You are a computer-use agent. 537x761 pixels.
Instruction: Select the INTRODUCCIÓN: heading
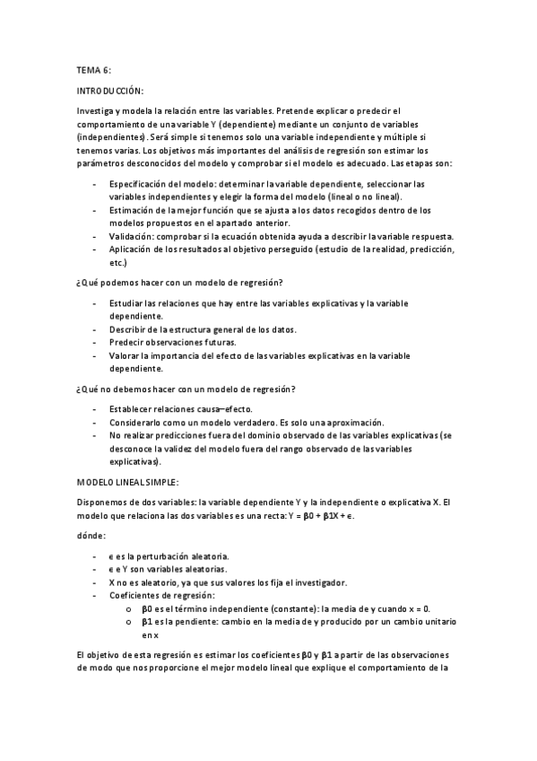coord(110,91)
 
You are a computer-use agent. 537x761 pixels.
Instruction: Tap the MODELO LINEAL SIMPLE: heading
coord(128,482)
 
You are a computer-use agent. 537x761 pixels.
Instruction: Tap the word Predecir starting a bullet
coord(127,342)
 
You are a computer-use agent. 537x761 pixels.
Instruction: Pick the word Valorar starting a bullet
coord(126,355)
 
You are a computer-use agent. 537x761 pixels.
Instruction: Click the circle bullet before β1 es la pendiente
coord(131,621)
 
